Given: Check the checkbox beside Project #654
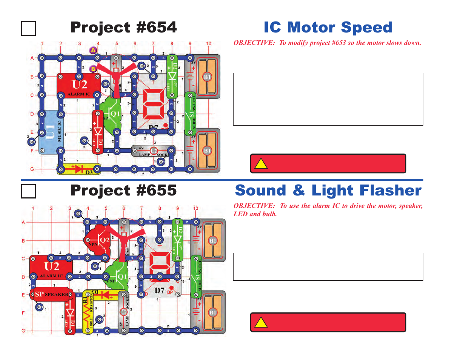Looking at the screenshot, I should tap(29, 29).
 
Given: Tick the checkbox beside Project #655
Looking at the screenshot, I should tap(29, 191).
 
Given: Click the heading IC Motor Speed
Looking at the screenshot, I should tap(328, 28).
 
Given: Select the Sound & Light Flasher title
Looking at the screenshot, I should tap(328, 191).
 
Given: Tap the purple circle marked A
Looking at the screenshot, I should tap(93, 50).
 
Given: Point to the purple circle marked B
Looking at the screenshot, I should tap(93, 69).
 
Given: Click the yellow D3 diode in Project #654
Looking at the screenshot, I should tap(79, 169).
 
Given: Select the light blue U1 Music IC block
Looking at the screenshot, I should tap(51, 132).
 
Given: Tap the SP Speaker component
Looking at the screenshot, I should tap(51, 294).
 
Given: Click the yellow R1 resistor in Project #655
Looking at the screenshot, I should tap(88, 312).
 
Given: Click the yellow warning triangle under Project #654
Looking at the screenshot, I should tap(261, 164).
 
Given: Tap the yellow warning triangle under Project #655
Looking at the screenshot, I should tap(261, 323).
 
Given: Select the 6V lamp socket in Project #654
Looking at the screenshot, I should tap(153, 151).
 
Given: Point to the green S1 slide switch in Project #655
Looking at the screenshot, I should tap(196, 277).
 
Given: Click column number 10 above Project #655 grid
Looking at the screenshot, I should tap(195, 208).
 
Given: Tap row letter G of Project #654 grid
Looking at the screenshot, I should tap(32, 169).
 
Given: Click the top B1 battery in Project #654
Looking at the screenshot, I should tap(207, 77).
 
